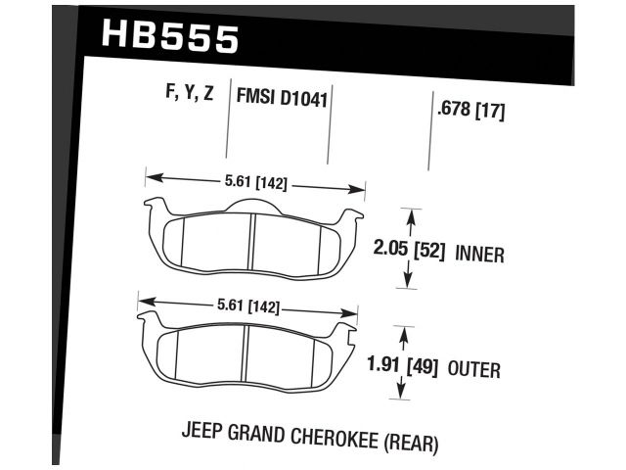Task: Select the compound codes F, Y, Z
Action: pyautogui.click(x=190, y=95)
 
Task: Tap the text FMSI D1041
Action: pyautogui.click(x=282, y=98)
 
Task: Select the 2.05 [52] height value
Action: pyautogui.click(x=409, y=252)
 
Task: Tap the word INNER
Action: pyautogui.click(x=479, y=255)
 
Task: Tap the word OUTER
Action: pyautogui.click(x=475, y=370)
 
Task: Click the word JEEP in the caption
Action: pyautogui.click(x=202, y=431)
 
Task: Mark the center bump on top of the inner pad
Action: pyautogui.click(x=252, y=202)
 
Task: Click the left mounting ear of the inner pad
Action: pyautogui.click(x=154, y=208)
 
